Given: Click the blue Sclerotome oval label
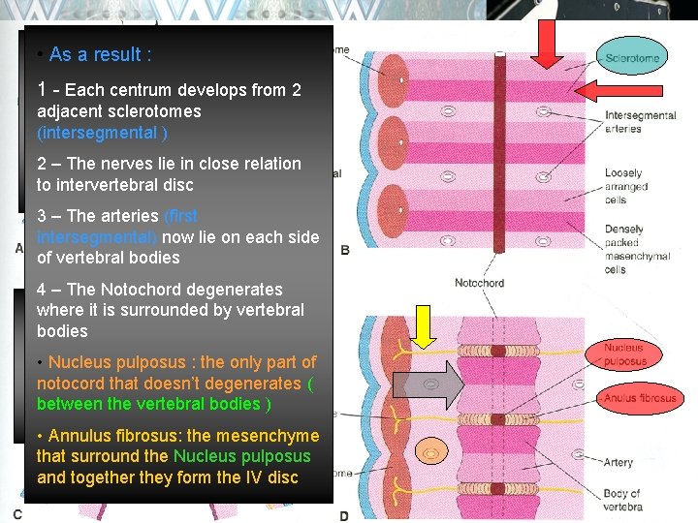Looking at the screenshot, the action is pyautogui.click(x=631, y=58).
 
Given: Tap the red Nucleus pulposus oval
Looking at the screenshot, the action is pyautogui.click(x=624, y=354).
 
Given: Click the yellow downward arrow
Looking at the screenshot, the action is pyautogui.click(x=424, y=326).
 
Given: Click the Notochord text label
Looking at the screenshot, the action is pyautogui.click(x=479, y=284).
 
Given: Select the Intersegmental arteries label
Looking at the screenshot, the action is pyautogui.click(x=640, y=121).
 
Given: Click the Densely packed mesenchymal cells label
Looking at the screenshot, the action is pyautogui.click(x=637, y=250).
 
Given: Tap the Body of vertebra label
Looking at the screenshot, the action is pyautogui.click(x=621, y=501).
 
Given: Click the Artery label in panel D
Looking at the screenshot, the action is pyautogui.click(x=618, y=463).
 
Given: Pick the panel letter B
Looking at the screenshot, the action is pyautogui.click(x=346, y=250).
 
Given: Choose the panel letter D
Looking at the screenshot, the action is pyautogui.click(x=344, y=515).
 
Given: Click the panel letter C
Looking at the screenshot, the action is pyautogui.click(x=17, y=514).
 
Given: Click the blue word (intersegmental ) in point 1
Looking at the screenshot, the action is pyautogui.click(x=102, y=133).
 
